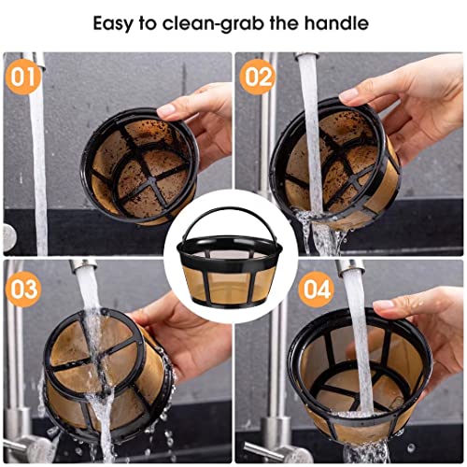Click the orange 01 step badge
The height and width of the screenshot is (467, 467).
point(23,75)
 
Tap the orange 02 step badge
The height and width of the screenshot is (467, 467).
point(257,75)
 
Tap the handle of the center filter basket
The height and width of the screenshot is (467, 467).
point(233,222)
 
